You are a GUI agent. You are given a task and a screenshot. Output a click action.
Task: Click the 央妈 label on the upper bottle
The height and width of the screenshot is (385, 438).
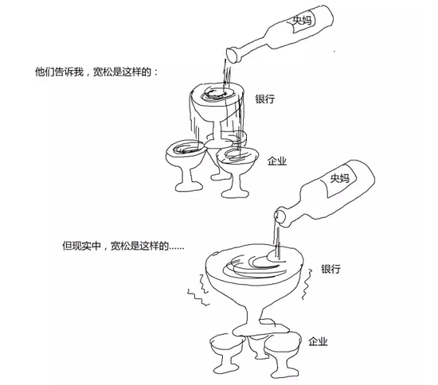tap(302, 21)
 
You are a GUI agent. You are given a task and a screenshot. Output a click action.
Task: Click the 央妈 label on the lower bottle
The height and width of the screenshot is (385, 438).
tap(340, 178)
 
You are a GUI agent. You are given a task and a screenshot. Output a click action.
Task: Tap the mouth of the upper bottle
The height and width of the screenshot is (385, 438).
tap(233, 56)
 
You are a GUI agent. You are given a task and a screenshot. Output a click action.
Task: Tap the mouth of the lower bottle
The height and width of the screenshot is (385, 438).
tap(280, 217)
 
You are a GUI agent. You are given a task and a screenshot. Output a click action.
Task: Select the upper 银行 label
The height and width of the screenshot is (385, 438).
tap(265, 99)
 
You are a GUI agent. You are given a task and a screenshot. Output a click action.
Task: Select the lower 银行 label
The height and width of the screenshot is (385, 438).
tap(330, 269)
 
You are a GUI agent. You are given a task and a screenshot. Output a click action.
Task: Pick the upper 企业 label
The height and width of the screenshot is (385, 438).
tap(277, 161)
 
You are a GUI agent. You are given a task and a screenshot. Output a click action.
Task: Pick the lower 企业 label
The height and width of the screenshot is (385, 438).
tap(318, 341)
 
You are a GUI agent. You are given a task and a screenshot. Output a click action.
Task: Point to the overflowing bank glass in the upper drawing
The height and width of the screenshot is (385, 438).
tap(217, 111)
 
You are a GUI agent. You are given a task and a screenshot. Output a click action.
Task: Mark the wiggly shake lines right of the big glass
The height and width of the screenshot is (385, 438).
tap(307, 284)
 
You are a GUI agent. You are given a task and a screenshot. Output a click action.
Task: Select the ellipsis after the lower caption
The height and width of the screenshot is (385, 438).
tap(177, 248)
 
